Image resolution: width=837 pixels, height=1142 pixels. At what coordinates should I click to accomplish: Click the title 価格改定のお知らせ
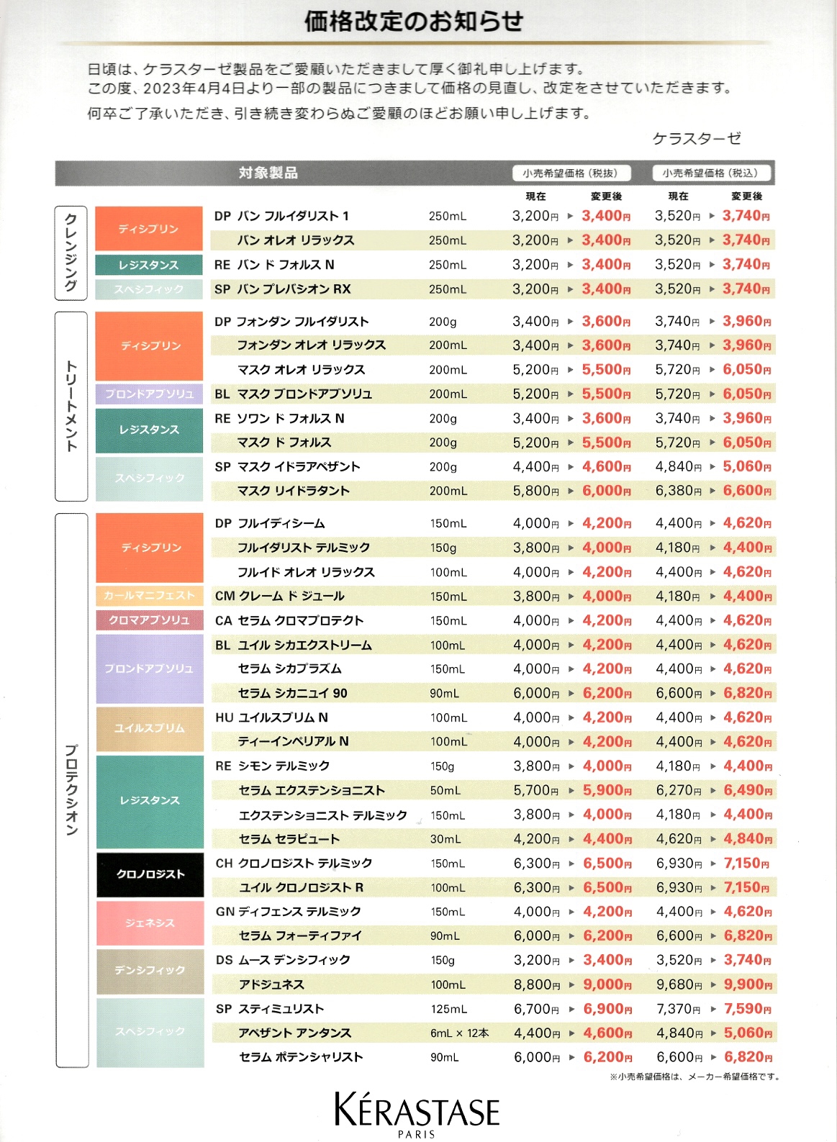coord(413,22)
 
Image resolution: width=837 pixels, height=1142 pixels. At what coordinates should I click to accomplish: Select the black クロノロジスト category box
coord(150,874)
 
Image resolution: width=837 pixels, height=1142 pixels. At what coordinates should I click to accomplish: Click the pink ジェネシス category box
coord(150,923)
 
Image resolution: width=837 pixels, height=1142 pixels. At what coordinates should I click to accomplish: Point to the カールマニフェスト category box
coord(150,596)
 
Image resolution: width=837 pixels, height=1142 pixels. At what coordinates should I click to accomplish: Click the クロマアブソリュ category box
coord(150,620)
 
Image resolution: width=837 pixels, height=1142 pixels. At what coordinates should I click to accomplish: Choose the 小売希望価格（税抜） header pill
coord(571,173)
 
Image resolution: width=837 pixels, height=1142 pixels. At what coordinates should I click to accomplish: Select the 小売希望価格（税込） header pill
coord(710,173)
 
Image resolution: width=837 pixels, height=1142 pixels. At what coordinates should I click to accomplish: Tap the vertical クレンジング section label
coord(71,253)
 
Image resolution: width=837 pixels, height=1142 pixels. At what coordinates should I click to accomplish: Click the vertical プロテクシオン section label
coord(71,789)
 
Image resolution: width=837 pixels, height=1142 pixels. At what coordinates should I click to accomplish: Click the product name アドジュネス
coord(272,984)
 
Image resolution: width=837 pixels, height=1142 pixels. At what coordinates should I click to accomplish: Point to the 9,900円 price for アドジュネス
coord(748,984)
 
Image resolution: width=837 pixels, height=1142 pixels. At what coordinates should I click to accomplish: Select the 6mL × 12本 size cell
coord(459,1033)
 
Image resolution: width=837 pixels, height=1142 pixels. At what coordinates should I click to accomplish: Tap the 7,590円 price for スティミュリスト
coord(748,1009)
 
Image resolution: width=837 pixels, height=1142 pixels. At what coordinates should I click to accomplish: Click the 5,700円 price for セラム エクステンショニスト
coord(536,790)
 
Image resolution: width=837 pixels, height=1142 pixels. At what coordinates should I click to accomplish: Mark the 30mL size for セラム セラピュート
coord(445,839)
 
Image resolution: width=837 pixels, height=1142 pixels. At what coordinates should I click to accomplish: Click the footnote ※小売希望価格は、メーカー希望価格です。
coord(695,1077)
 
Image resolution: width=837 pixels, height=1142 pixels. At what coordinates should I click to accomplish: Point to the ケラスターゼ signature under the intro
coord(697,138)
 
